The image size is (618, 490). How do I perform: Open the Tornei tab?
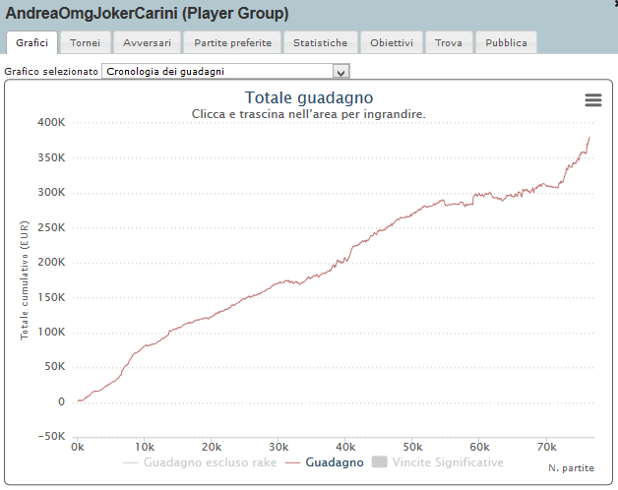coord(86,43)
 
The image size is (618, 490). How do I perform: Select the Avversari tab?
coord(147,43)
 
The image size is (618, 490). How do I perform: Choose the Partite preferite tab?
coord(232,43)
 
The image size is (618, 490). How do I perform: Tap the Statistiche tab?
coord(320,43)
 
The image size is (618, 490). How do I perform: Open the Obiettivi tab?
coord(393,43)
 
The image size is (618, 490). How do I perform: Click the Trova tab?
coord(448,43)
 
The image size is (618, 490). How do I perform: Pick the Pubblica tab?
coord(506,43)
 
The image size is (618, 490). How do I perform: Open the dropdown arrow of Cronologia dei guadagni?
coord(340,72)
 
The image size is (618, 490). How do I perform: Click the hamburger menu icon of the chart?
coord(592,100)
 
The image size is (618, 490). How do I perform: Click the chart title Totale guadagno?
coord(309,98)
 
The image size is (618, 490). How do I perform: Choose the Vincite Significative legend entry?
coord(438,462)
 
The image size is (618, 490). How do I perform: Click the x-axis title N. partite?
coord(571,468)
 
